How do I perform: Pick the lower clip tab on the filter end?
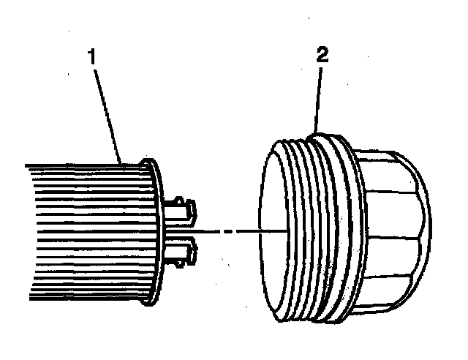pyautogui.click(x=184, y=252)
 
